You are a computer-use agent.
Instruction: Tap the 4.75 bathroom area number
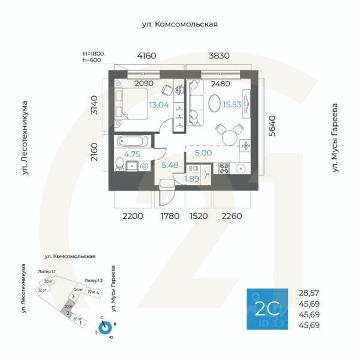pos(132,154)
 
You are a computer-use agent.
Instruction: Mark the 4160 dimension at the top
pos(146,56)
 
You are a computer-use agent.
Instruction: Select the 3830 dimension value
pos(219,56)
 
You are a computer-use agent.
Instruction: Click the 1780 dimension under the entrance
pos(170,216)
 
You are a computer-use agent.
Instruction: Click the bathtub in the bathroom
pos(130,142)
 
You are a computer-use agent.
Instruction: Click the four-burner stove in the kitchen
pos(224,169)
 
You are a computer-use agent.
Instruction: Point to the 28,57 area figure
pos(309,293)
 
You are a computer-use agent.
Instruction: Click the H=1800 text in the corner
pos(94,53)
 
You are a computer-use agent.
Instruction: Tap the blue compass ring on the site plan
pos(106,328)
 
